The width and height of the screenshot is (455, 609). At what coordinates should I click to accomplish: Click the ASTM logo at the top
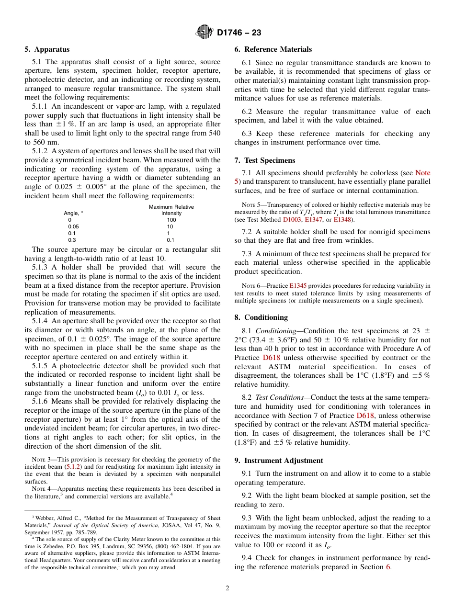[x=205, y=33]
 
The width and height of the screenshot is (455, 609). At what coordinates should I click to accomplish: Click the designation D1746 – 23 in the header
[x=239, y=33]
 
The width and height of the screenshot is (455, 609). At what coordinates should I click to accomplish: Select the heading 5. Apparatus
[x=47, y=49]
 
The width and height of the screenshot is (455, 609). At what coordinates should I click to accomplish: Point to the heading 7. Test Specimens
[x=265, y=160]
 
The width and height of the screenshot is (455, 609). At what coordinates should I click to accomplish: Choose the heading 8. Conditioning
[x=261, y=317]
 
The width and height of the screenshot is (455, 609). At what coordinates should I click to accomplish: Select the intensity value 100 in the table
[x=171, y=220]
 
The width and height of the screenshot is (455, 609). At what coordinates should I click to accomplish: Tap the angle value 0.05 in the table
[x=74, y=226]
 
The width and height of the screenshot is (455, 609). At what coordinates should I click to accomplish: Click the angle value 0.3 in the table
[x=71, y=240]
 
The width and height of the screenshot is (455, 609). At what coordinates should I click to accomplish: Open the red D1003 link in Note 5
[x=292, y=219]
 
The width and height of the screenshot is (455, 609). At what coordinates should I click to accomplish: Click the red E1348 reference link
[x=342, y=219]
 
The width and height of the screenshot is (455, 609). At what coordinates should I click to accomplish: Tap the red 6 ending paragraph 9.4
[x=388, y=567]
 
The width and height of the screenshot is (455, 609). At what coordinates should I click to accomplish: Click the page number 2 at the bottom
[x=227, y=588]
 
